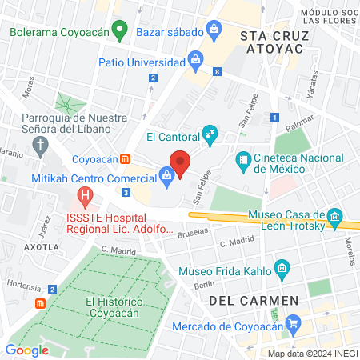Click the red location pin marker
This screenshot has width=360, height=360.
(x=180, y=162)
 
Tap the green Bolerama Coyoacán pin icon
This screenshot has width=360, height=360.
(x=120, y=32)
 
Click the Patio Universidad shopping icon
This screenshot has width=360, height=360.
(x=195, y=60)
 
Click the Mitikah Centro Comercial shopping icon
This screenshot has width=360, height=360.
(x=166, y=174)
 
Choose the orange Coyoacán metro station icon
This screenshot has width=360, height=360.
(x=125, y=159)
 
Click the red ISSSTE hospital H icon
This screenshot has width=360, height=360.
(x=84, y=194)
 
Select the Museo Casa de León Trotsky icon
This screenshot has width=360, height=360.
(x=335, y=216)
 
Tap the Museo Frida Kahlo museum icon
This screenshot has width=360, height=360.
(x=281, y=267)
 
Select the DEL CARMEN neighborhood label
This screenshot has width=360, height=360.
(x=242, y=300)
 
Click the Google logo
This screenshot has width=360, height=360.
(x=27, y=350)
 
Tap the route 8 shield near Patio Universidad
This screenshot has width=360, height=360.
(x=217, y=72)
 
